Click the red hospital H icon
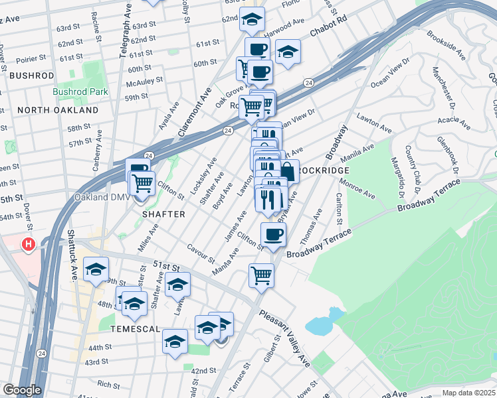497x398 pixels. point(28,245)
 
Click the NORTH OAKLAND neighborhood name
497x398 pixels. point(58,109)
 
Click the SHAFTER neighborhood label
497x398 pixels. point(162,214)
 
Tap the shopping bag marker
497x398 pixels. point(288,172)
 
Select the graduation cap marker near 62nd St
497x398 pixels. point(252,20)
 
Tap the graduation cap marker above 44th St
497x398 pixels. point(175,341)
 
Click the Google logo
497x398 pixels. point(22,390)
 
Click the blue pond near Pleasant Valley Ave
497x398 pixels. point(320,324)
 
